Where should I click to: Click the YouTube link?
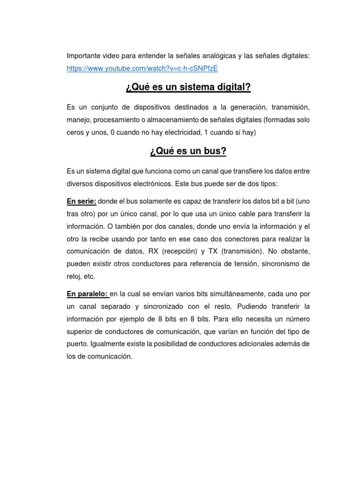pyautogui.click(x=142, y=68)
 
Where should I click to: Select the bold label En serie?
pyautogui.click(x=82, y=201)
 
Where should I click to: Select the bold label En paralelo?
pyautogui.click(x=88, y=294)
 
